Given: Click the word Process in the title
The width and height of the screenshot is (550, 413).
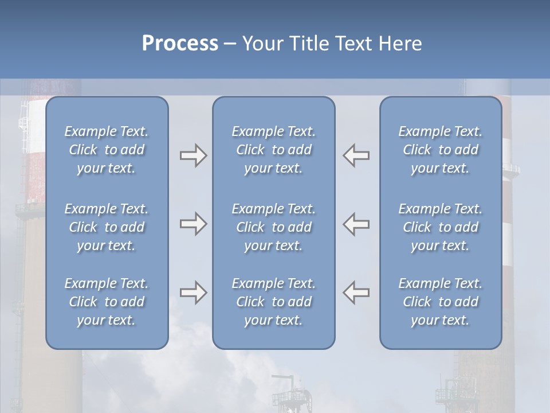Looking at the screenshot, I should click(180, 44).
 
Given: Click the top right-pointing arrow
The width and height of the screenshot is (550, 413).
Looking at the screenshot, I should click(193, 155).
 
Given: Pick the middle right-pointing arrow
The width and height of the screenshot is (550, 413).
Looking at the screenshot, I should click(193, 224).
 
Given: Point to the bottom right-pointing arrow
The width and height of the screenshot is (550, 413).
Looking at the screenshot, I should click(193, 293).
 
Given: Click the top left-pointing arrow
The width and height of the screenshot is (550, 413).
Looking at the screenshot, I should click(356, 155).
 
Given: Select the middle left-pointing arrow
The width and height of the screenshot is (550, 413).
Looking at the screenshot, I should click(356, 224).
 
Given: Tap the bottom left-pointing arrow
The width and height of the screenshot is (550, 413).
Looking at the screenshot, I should click(356, 293).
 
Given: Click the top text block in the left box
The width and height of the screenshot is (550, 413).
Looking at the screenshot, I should click(107, 150).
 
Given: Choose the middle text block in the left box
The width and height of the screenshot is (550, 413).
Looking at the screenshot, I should click(107, 227).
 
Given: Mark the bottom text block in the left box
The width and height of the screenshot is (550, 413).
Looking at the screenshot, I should click(107, 302).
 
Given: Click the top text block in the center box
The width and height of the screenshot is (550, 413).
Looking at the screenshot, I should click(273, 150).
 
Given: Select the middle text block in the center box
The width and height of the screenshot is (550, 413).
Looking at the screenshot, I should click(273, 227).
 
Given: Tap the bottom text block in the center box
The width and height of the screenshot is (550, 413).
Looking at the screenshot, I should click(273, 302).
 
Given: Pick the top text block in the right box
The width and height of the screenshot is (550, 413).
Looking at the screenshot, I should click(440, 150).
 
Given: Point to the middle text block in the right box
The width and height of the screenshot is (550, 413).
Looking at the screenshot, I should click(440, 227).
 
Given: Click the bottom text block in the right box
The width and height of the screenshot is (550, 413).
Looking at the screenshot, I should click(440, 302).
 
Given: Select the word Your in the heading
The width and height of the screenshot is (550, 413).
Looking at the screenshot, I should click(260, 44).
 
